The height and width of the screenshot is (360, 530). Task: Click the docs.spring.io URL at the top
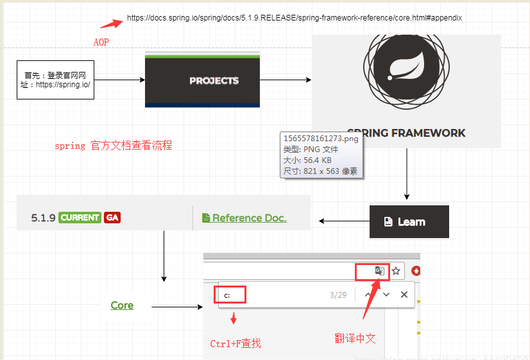(x=294, y=18)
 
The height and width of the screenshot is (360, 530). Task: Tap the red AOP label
(x=101, y=42)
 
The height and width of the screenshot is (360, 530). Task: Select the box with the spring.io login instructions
(x=56, y=80)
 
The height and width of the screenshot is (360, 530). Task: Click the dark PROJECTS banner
(x=202, y=80)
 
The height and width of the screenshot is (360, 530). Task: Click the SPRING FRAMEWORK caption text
(x=406, y=133)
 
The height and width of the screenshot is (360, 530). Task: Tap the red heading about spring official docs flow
(x=114, y=146)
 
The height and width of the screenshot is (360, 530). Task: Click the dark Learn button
(x=409, y=222)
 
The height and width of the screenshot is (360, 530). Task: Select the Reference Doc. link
(x=244, y=218)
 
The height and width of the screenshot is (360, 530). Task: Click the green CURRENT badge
(x=80, y=218)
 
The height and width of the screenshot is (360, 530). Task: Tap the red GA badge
(x=112, y=218)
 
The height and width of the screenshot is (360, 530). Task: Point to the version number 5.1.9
(x=43, y=218)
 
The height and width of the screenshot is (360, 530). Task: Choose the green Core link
(x=122, y=305)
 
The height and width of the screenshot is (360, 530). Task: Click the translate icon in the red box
(x=379, y=271)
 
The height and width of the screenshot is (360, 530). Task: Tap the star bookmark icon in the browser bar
(x=397, y=271)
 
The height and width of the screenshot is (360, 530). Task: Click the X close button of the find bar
(x=404, y=295)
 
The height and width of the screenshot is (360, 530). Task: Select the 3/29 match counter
(x=338, y=295)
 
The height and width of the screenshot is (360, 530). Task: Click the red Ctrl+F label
(x=235, y=343)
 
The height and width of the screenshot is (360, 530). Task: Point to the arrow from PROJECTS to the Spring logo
(x=286, y=80)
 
